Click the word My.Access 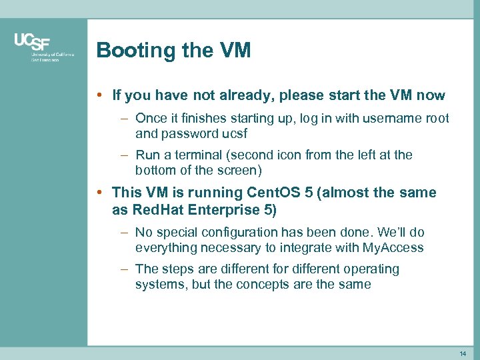coord(393,247)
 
